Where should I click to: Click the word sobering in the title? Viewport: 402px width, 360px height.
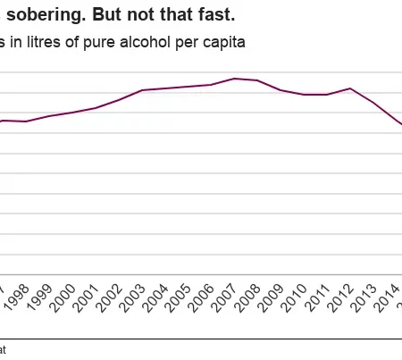coord(43,15)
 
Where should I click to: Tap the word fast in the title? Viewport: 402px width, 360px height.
coord(214,15)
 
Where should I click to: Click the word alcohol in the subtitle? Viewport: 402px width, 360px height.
coord(148,42)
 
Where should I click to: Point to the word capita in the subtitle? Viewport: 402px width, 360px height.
coord(221,42)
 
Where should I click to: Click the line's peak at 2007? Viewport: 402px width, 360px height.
coord(234,79)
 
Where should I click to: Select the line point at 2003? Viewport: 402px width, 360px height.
coord(142,90)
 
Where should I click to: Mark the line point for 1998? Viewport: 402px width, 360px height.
coord(27,121)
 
